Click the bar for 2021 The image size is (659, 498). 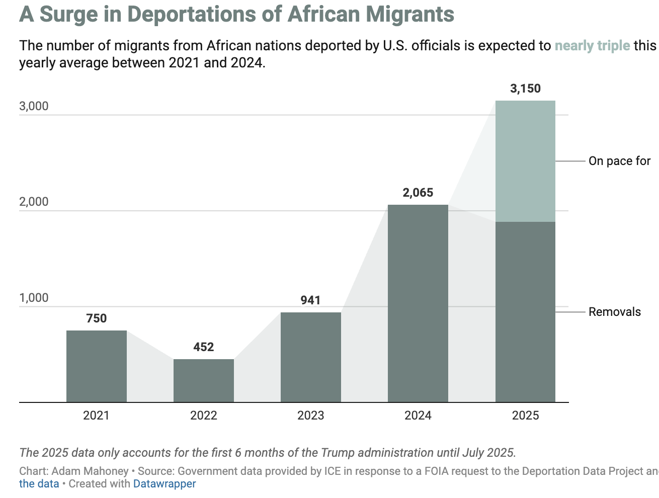click(x=96, y=366)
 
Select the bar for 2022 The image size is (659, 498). click(x=204, y=380)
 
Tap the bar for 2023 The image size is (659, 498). click(x=311, y=357)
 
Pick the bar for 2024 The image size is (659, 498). click(x=418, y=303)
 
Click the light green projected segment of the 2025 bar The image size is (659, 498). click(x=525, y=161)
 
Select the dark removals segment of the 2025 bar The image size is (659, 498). click(x=525, y=312)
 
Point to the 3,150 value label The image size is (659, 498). click(x=525, y=89)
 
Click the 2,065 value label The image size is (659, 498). click(x=418, y=193)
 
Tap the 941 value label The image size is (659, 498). click(x=310, y=300)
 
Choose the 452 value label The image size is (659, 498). click(x=204, y=347)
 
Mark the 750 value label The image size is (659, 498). click(x=96, y=318)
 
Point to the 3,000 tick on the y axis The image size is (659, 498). click(x=34, y=106)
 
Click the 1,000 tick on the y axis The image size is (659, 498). click(x=34, y=298)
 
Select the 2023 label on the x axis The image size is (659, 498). click(x=311, y=416)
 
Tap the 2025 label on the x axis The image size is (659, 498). click(x=525, y=416)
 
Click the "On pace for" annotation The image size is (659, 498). click(x=619, y=161)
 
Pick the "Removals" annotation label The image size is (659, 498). click(x=615, y=312)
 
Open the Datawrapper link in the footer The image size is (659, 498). click(x=164, y=484)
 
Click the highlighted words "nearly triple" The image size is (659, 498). click(x=592, y=46)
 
